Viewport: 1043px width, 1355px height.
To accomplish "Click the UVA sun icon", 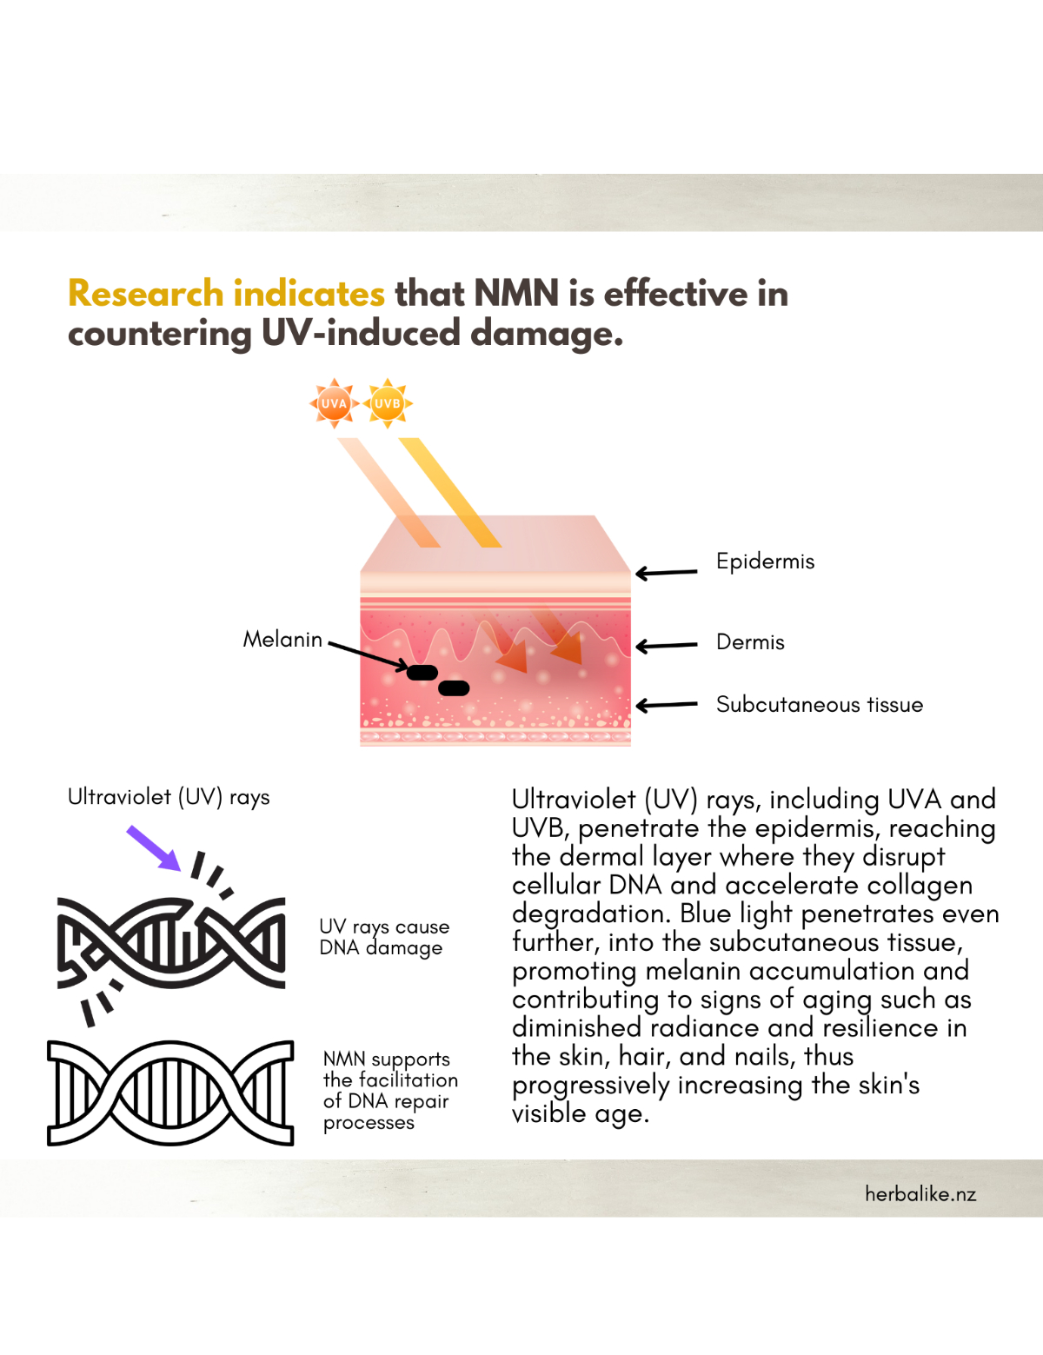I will (x=334, y=403).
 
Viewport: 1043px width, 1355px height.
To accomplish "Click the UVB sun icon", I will (x=388, y=403).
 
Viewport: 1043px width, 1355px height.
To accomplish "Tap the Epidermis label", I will (x=765, y=561).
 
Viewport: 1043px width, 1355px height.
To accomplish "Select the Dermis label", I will (x=750, y=642).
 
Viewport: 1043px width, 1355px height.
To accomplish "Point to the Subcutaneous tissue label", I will (x=819, y=705).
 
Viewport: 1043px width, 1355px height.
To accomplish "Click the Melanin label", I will (x=282, y=640).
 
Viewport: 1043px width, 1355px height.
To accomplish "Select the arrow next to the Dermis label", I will (x=667, y=646).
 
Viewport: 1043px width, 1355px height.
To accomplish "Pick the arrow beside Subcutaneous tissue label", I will (x=667, y=705).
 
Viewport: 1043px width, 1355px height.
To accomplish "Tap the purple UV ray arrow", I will (x=154, y=848).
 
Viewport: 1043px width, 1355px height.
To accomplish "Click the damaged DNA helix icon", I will (x=171, y=942).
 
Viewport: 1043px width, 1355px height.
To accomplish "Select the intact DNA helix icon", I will (x=170, y=1093).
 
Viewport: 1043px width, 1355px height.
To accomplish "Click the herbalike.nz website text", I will (x=920, y=1194).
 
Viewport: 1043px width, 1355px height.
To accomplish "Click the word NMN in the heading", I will (x=517, y=294).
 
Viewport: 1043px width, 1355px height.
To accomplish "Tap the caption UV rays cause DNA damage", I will (x=383, y=937).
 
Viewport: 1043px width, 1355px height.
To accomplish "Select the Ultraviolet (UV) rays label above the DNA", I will (x=169, y=797).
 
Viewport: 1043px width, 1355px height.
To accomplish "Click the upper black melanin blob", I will (x=422, y=672).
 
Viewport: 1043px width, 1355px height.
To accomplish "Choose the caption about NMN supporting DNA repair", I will (x=389, y=1090).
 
